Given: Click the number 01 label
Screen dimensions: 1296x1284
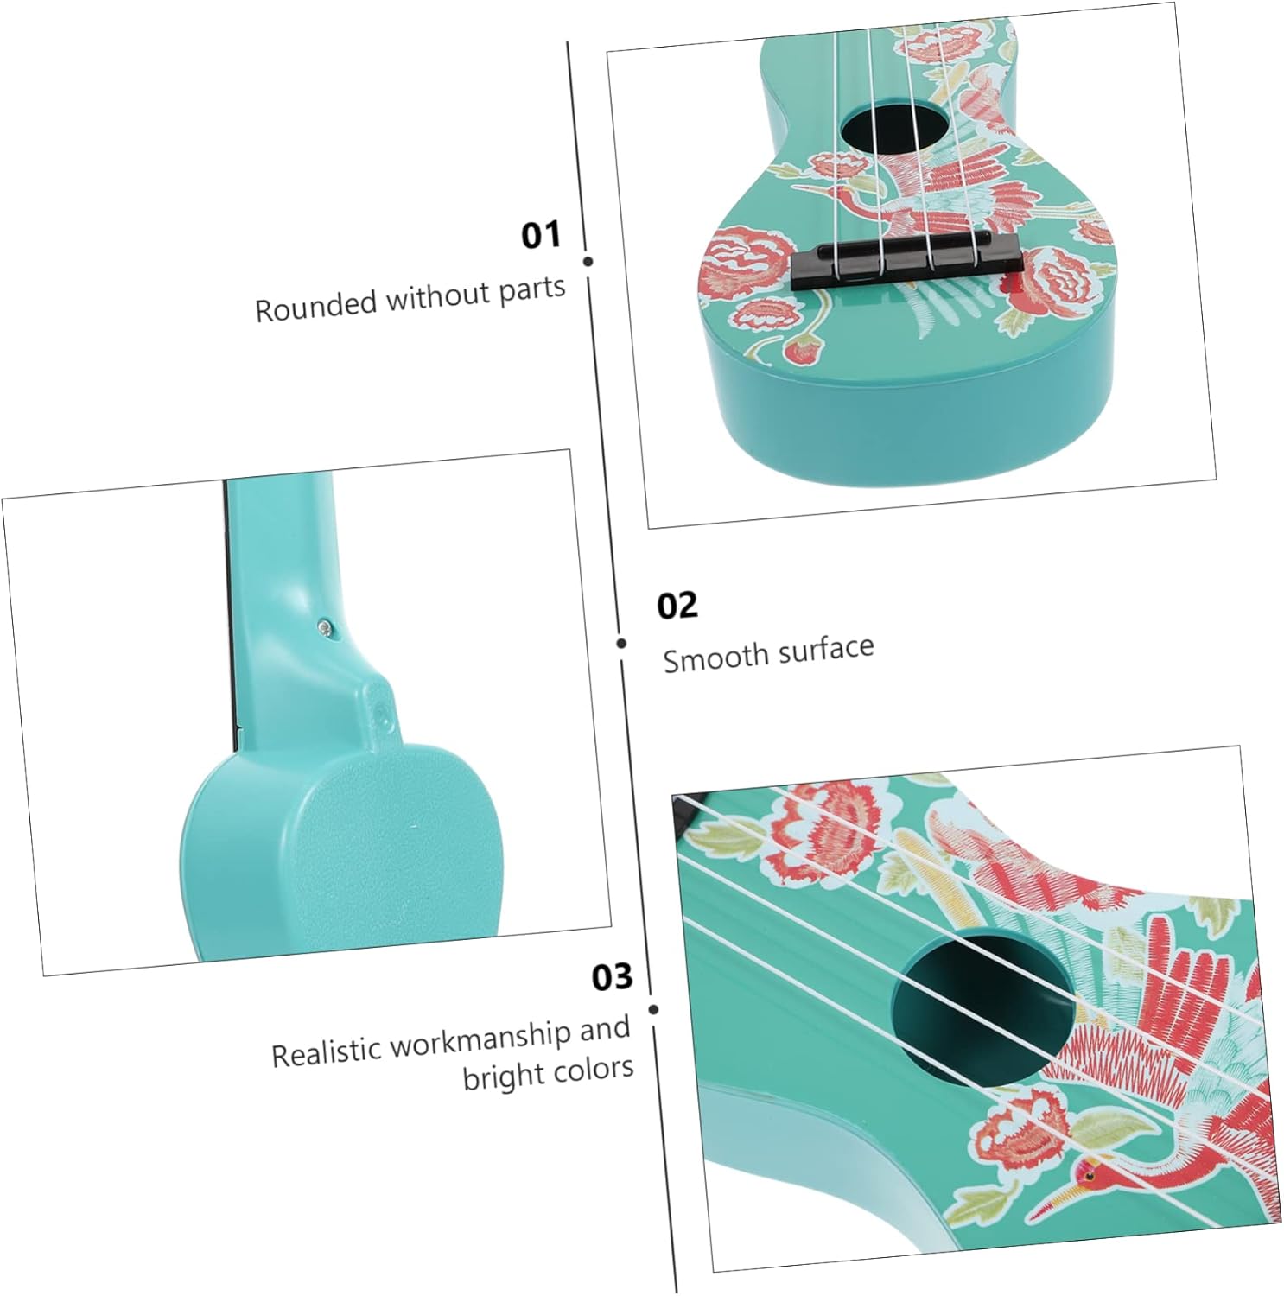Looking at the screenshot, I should [x=541, y=235].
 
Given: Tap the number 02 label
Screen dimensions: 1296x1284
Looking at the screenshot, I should [x=677, y=606].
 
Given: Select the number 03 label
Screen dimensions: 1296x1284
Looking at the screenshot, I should [x=613, y=977].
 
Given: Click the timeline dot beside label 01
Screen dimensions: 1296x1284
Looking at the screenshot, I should [x=588, y=261].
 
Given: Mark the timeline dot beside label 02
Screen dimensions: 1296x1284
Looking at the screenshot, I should [x=621, y=643].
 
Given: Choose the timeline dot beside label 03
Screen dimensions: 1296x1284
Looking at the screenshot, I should [x=653, y=1009].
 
